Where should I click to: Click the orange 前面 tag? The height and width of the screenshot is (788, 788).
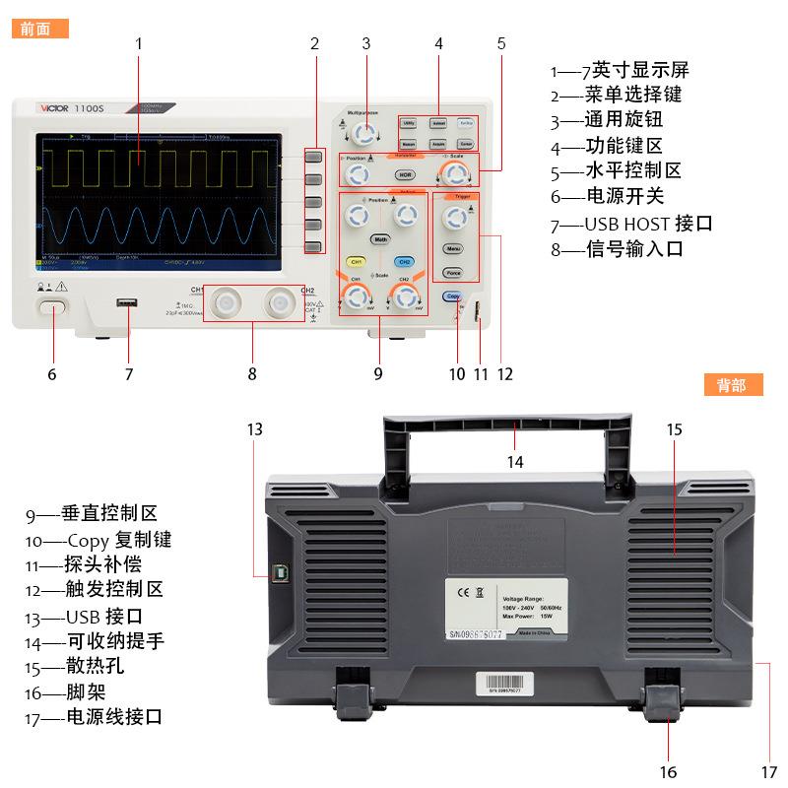click(40, 29)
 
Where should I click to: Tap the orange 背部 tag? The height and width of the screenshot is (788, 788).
click(734, 385)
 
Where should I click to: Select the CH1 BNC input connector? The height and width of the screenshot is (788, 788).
click(228, 303)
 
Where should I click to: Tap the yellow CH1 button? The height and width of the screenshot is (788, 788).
click(357, 262)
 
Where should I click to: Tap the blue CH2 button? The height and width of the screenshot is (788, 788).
click(404, 262)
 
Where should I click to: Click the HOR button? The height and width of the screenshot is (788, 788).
click(404, 175)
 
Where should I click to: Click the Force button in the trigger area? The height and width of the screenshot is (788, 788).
click(453, 273)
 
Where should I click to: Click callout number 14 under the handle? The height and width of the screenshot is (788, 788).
click(516, 461)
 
